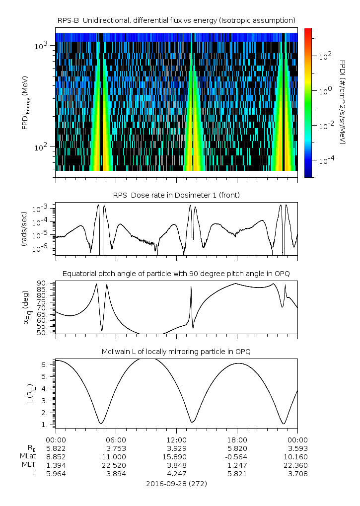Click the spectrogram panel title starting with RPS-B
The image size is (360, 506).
176,20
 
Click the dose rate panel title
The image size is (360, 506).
176,195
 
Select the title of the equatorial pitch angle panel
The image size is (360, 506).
176,274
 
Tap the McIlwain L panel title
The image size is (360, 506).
176,352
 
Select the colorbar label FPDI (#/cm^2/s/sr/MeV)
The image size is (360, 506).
343,102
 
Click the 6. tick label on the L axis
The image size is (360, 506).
47,364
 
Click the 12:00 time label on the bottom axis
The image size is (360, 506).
176,440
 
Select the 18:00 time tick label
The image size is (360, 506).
237,440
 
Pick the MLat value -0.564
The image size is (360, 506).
237,456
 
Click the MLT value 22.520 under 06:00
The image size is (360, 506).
116,465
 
